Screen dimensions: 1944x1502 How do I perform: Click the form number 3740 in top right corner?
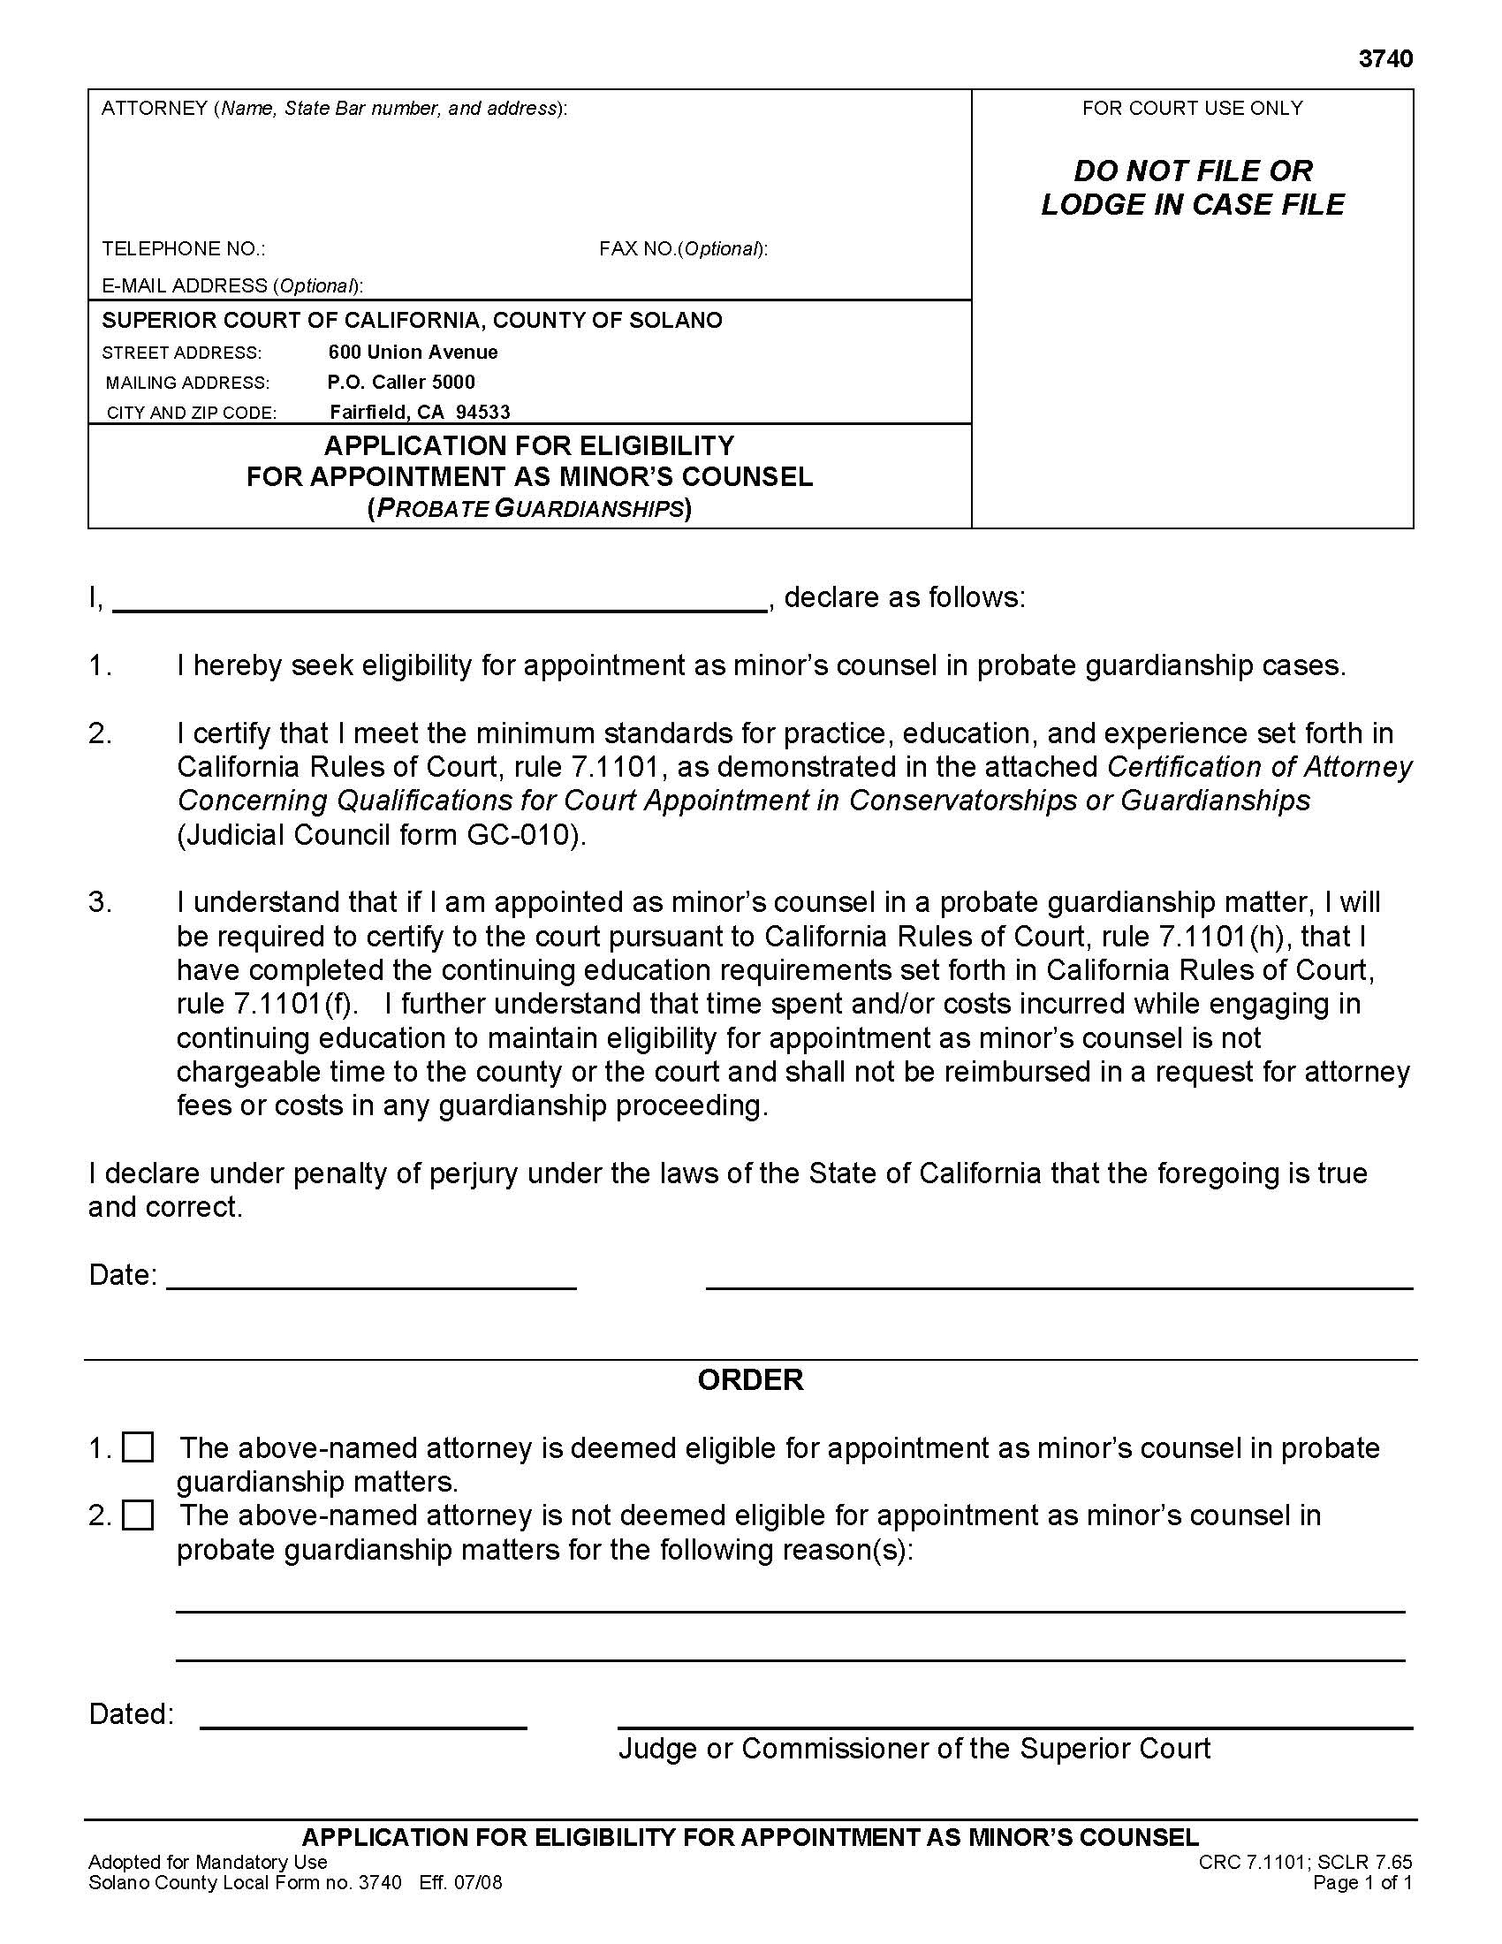(x=1385, y=58)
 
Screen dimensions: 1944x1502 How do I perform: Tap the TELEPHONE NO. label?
(x=183, y=248)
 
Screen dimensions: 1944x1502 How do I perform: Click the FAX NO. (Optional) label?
(x=682, y=248)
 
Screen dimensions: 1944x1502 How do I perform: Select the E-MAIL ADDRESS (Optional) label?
(x=231, y=285)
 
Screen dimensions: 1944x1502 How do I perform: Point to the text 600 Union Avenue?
(x=413, y=353)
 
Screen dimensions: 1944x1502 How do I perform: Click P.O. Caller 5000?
(x=400, y=383)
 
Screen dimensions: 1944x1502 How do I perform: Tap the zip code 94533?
(x=483, y=412)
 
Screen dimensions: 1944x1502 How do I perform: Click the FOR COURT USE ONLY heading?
(x=1192, y=109)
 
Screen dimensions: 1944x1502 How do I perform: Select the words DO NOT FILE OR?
(x=1193, y=171)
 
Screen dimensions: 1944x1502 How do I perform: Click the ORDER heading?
(x=750, y=1379)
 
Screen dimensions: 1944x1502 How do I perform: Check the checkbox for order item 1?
(x=138, y=1447)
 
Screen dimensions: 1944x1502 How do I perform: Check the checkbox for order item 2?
(x=138, y=1515)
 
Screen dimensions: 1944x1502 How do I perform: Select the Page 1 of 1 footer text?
(x=1362, y=1882)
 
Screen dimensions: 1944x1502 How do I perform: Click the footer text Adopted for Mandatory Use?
(x=208, y=1862)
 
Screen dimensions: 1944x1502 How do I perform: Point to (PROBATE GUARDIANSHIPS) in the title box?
(x=529, y=509)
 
